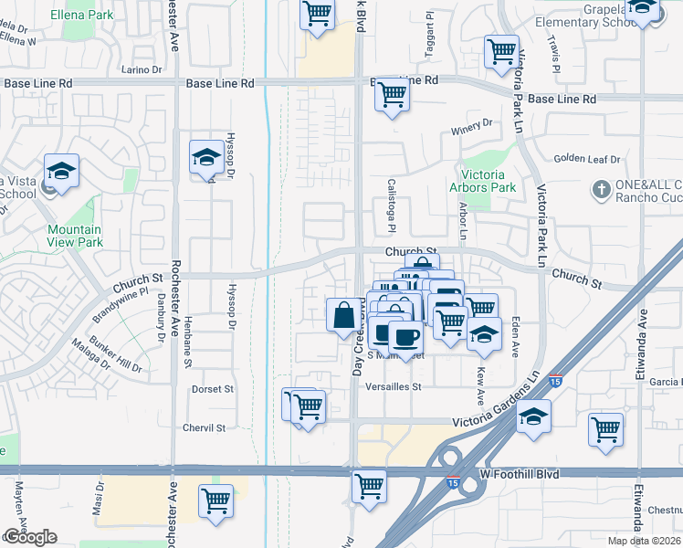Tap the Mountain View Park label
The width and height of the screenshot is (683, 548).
point(75,236)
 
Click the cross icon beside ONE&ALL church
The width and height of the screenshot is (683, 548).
point(601,189)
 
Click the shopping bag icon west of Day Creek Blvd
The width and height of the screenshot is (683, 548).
point(342,315)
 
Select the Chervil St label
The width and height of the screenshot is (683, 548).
point(204,427)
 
